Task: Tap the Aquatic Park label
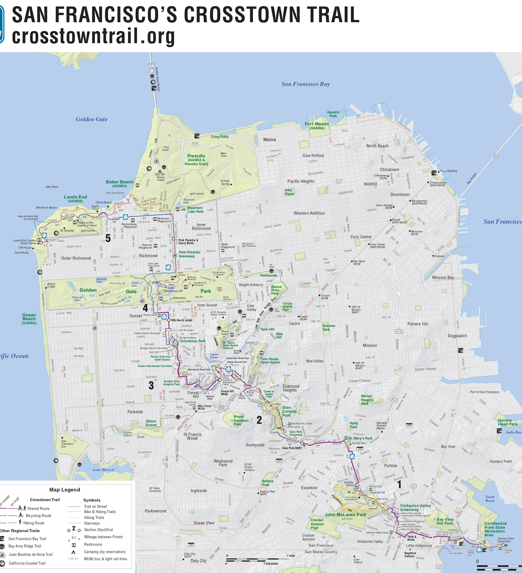point(333,114)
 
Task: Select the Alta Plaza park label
point(289,192)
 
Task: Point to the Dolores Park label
point(329,328)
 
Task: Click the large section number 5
point(108,238)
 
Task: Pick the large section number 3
point(151,385)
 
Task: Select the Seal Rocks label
point(22,252)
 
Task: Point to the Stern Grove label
point(151,423)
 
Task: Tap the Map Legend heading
point(65,490)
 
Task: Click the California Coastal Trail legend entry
point(27,563)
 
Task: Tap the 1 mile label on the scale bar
point(291,556)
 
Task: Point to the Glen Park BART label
point(292,448)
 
